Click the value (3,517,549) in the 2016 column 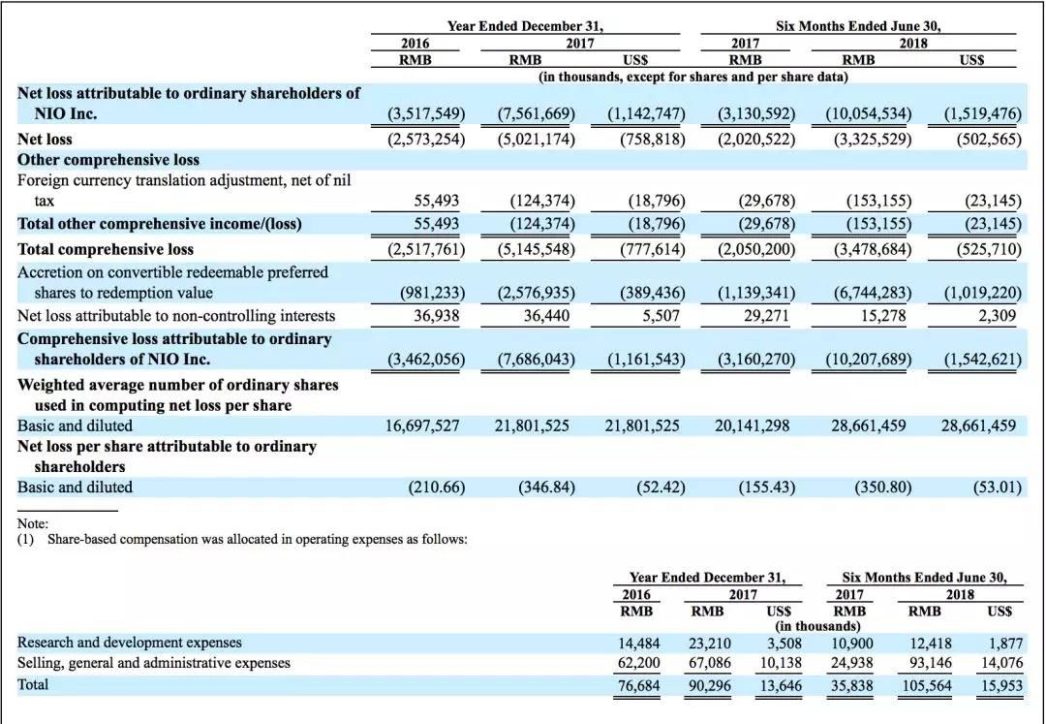tap(426, 114)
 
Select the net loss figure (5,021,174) tap(536, 139)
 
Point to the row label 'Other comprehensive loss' tap(108, 160)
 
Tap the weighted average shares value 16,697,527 tap(422, 425)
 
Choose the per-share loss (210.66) tap(433, 487)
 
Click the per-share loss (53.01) tap(998, 487)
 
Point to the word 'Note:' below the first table tap(34, 524)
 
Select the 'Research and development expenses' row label tap(130, 643)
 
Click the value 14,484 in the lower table tap(638, 643)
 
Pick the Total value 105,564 tap(926, 686)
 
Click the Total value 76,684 tap(638, 686)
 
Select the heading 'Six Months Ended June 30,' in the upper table tap(857, 27)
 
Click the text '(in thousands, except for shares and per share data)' tap(692, 76)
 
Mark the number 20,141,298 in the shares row tap(753, 425)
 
